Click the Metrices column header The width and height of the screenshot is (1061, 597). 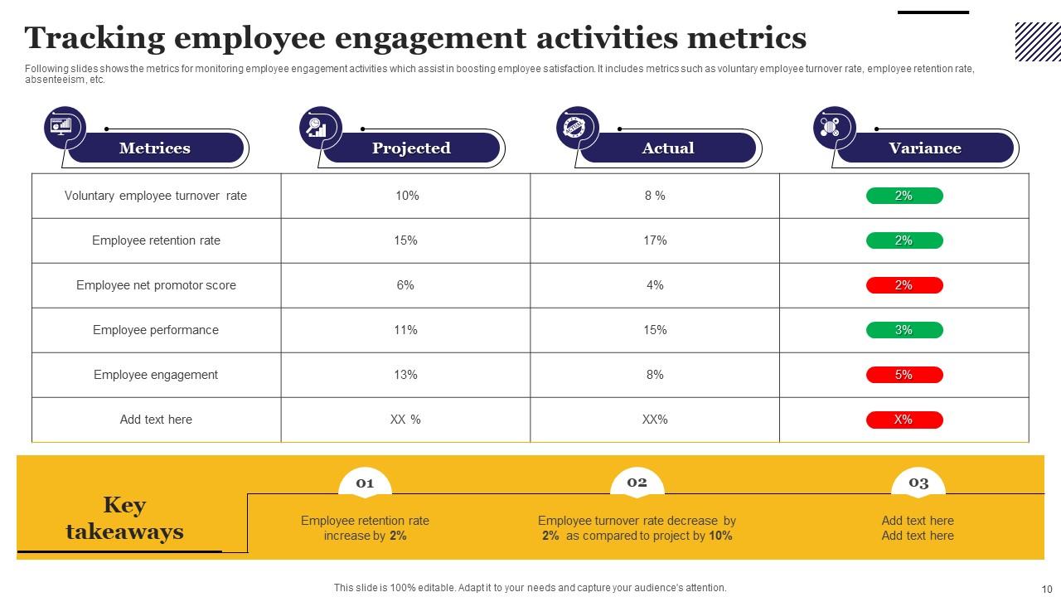(x=155, y=148)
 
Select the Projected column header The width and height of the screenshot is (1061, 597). (x=411, y=148)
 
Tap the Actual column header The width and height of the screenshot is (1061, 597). (x=668, y=148)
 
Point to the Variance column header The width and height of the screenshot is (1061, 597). (x=925, y=148)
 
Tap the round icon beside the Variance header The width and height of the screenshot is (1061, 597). (x=834, y=128)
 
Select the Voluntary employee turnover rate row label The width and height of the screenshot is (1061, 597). (x=156, y=196)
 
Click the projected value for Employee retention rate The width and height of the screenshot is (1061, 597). (x=405, y=240)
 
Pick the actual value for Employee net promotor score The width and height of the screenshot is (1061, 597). (x=655, y=285)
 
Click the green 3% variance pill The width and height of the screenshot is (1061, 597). (x=904, y=330)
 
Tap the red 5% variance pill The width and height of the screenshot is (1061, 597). (x=904, y=375)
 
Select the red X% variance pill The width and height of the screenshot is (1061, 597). (x=904, y=420)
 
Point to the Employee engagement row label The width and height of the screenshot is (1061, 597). (x=156, y=375)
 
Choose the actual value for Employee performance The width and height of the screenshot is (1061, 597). (x=655, y=330)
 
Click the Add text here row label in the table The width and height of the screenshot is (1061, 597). (x=156, y=420)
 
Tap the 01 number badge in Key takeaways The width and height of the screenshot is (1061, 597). (x=365, y=483)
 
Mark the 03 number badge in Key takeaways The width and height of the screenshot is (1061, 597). (x=918, y=483)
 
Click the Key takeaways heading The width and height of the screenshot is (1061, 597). (x=124, y=518)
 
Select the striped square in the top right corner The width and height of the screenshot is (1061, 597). (x=1038, y=41)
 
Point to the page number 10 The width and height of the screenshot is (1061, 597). (x=1047, y=590)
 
